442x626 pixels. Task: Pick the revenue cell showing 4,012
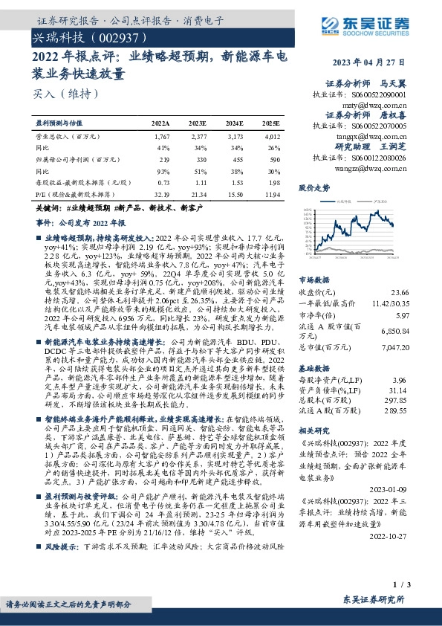pyautogui.click(x=272, y=138)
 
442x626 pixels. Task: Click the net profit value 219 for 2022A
pyautogui.click(x=164, y=159)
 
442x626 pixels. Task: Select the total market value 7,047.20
pyautogui.click(x=395, y=346)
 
